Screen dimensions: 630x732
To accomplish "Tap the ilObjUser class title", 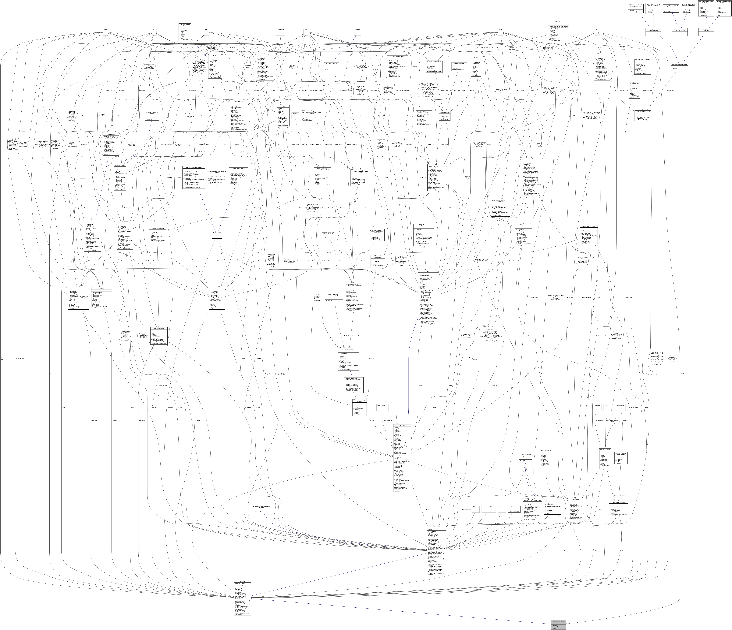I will [x=401, y=415].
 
